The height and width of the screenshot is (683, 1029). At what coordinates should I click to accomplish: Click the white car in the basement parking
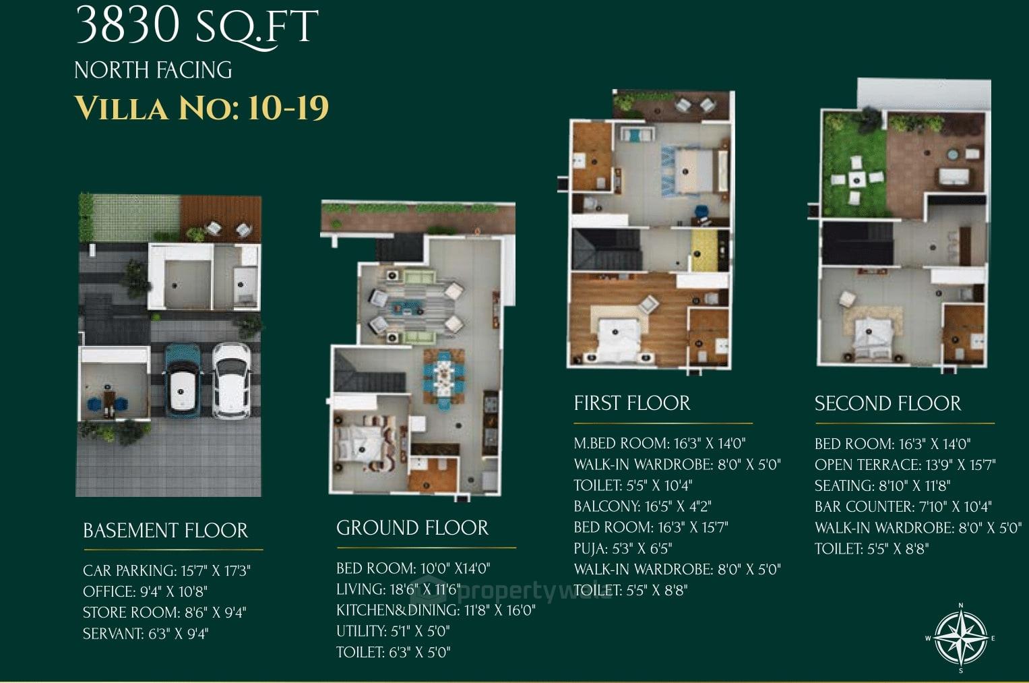pyautogui.click(x=230, y=381)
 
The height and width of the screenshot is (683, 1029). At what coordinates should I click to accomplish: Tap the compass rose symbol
pyautogui.click(x=960, y=637)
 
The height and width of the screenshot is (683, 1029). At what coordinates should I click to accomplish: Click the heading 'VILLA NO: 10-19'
pyautogui.click(x=201, y=109)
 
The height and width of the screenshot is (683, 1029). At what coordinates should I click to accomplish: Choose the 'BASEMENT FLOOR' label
pyautogui.click(x=165, y=531)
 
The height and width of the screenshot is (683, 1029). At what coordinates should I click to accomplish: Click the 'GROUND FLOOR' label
pyautogui.click(x=412, y=528)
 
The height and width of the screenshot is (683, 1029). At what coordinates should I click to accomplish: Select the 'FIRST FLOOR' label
pyautogui.click(x=632, y=403)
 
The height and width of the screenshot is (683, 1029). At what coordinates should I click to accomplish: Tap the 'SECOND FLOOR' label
pyautogui.click(x=887, y=403)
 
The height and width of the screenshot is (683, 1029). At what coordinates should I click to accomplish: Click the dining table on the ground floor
pyautogui.click(x=444, y=378)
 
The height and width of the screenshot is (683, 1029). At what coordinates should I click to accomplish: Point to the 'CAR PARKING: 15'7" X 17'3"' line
pyautogui.click(x=166, y=571)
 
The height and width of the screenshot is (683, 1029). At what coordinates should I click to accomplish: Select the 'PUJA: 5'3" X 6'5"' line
pyautogui.click(x=623, y=548)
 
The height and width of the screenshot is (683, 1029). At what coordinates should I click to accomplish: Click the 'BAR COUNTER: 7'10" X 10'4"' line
pyautogui.click(x=903, y=506)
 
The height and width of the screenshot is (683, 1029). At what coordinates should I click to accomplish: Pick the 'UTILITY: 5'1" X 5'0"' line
pyautogui.click(x=393, y=631)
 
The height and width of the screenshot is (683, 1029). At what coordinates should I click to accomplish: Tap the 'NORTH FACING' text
pyautogui.click(x=153, y=70)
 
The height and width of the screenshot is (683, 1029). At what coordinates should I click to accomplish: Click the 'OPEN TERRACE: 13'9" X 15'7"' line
pyautogui.click(x=905, y=465)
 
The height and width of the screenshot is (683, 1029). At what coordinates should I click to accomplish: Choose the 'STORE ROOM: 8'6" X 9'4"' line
pyautogui.click(x=164, y=613)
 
